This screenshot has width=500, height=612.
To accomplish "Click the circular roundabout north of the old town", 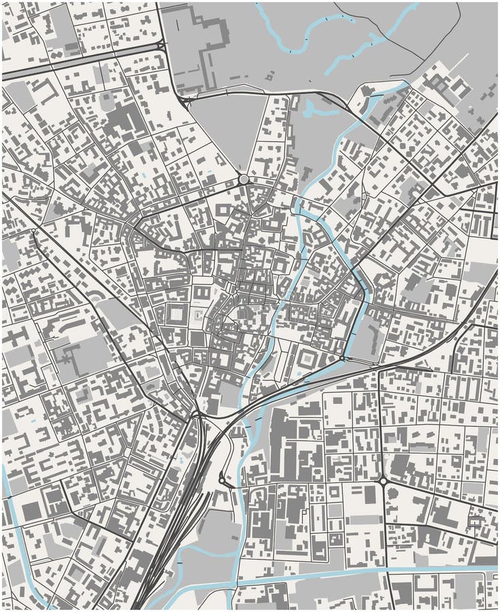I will pyautogui.click(x=244, y=180).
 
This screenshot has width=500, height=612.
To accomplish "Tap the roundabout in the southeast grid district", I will pyautogui.click(x=383, y=481).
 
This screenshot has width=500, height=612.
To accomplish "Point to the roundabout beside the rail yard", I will pyautogui.click(x=224, y=481).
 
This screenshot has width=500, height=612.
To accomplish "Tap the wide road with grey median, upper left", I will pyautogui.click(x=82, y=61).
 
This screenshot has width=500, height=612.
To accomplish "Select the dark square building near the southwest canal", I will pyautogui.click(x=31, y=511).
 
